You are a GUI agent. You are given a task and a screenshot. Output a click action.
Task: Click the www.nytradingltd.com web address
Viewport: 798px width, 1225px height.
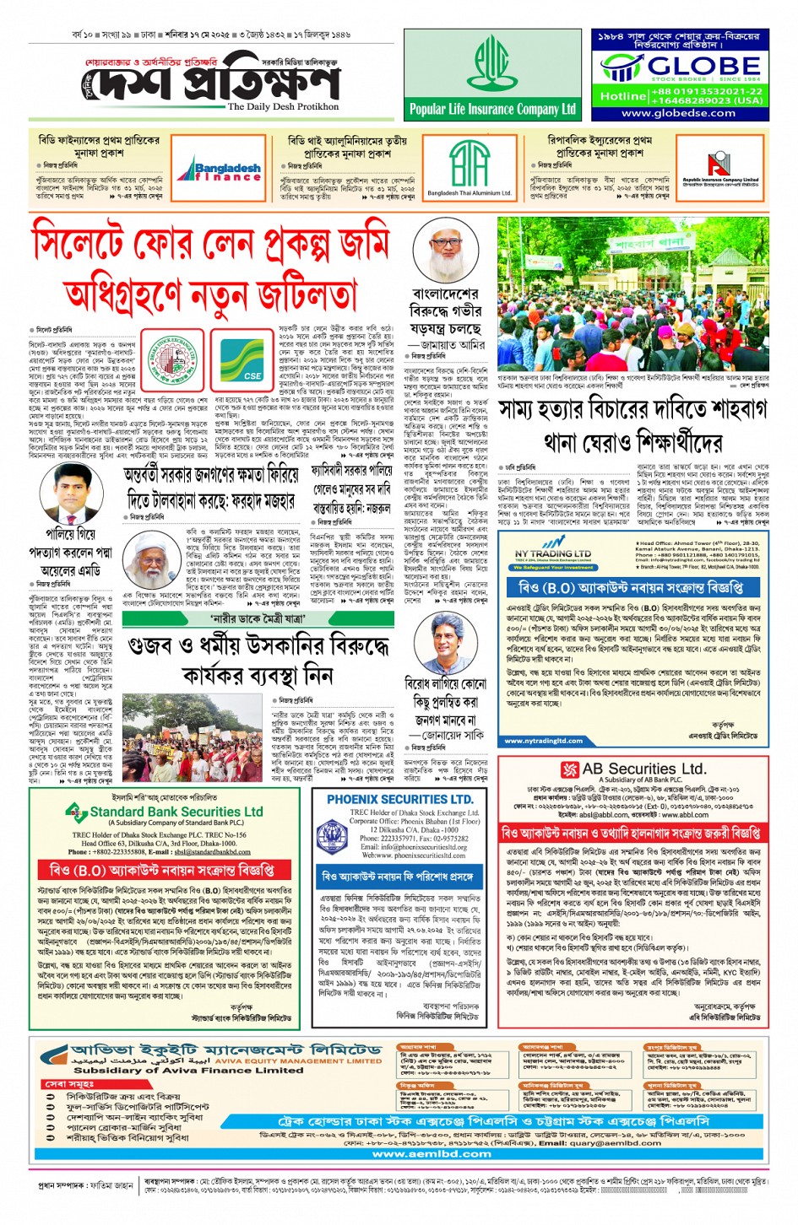544,742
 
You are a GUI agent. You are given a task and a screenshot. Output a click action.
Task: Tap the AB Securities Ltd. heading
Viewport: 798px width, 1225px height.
633,769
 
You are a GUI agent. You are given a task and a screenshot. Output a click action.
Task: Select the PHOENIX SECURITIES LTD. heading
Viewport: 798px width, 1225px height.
399,799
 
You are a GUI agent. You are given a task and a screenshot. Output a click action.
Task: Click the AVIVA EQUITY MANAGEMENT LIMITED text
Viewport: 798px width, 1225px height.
298,1061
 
